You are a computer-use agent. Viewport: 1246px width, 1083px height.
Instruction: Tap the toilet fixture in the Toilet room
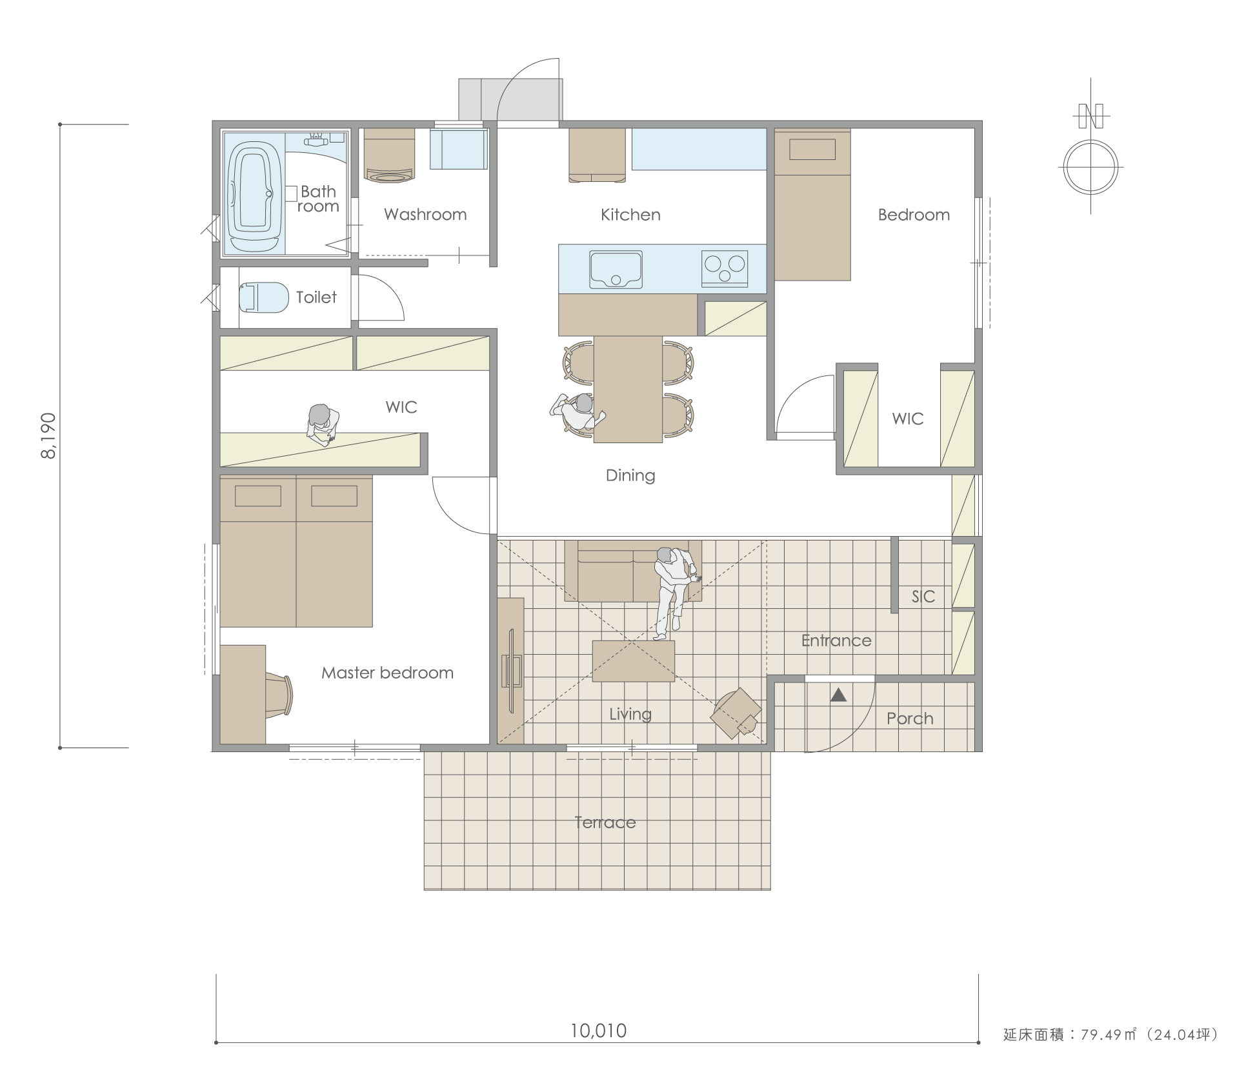pos(263,297)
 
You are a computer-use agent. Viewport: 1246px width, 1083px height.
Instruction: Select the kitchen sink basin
pos(616,269)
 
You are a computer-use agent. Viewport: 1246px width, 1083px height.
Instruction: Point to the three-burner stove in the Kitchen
pos(725,268)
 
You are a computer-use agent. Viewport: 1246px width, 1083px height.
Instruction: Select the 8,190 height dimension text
pos(49,436)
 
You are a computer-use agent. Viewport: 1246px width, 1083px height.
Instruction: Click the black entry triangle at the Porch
pos(838,695)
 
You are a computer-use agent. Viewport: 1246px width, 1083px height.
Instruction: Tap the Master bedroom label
pos(387,673)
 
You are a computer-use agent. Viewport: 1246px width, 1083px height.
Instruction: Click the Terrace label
pos(605,822)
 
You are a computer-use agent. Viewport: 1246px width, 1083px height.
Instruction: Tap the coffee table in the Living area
pos(634,661)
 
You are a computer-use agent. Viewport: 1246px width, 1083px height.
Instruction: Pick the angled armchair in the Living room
pos(736,713)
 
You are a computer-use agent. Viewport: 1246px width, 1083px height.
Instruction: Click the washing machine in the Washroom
pos(389,155)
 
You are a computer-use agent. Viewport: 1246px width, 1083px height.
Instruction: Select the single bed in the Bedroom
pos(812,205)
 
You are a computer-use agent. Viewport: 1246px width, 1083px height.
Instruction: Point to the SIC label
pos(923,597)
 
